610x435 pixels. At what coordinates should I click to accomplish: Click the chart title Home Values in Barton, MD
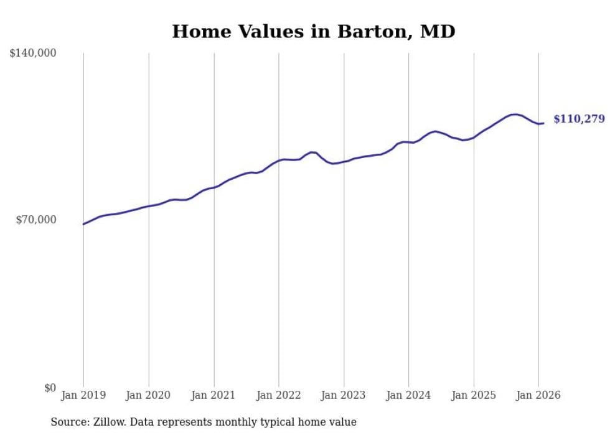pos(313,31)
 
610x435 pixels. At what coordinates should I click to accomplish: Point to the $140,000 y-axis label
pos(33,54)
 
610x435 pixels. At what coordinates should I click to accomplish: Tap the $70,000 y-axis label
pos(36,220)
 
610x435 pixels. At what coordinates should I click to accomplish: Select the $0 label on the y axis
pos(50,388)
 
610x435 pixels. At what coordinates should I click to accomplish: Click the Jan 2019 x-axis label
pos(83,395)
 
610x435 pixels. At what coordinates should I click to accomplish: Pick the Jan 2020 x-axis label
pos(149,395)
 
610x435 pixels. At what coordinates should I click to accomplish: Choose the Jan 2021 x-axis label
pos(213,395)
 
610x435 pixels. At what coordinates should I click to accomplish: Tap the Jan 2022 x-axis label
pos(279,395)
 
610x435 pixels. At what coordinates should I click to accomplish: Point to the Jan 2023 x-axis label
pos(344,395)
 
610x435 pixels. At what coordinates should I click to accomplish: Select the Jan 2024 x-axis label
pos(408,395)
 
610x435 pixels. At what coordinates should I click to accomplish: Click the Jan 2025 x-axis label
pos(474,395)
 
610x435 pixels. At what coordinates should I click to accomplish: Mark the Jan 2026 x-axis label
pos(538,395)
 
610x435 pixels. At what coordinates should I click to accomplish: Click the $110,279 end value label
pos(578,119)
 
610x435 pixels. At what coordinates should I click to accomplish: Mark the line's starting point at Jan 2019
pos(83,224)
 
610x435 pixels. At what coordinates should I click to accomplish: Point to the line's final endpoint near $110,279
pos(543,123)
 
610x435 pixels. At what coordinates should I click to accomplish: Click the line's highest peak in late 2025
pos(515,115)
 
